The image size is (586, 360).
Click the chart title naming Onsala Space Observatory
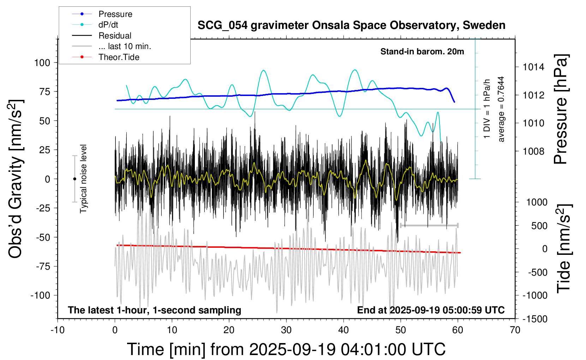coord(351,25)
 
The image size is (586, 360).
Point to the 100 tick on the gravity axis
coord(42,63)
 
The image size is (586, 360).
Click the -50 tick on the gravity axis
coord(43,237)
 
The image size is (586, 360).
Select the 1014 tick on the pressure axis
coord(533,67)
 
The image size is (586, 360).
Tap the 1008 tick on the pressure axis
coord(533,151)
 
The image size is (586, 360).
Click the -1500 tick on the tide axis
coord(535,319)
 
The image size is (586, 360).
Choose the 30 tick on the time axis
coord(286,330)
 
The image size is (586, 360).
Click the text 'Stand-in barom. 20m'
coord(422,52)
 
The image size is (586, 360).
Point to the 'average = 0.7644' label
coord(501,109)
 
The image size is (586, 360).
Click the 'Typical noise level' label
coord(83,179)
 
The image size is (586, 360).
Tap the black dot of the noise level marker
coord(74,179)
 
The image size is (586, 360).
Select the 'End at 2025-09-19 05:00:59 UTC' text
coord(431,310)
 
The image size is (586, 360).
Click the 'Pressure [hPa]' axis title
coord(561,109)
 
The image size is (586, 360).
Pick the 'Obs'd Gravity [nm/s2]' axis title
coord(16,179)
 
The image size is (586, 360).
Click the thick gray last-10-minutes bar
coord(429,225)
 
